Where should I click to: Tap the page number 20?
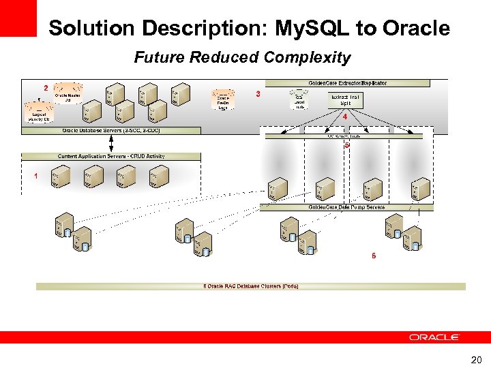point(475,359)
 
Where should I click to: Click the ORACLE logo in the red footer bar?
point(434,337)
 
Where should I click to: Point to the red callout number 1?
point(35,176)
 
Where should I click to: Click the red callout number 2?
point(46,88)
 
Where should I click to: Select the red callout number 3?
point(257,93)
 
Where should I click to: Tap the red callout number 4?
point(345,117)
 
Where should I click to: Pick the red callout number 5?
point(347,145)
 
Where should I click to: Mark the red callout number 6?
point(373,256)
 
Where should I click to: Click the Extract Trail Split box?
point(346,100)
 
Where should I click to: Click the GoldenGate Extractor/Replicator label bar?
point(348,83)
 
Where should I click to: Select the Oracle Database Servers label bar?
point(111,130)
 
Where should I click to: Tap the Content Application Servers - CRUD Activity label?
point(111,156)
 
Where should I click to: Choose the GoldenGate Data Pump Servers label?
point(346,207)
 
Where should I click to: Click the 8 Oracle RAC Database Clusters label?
point(251,286)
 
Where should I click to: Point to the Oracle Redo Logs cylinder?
point(222,99)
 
